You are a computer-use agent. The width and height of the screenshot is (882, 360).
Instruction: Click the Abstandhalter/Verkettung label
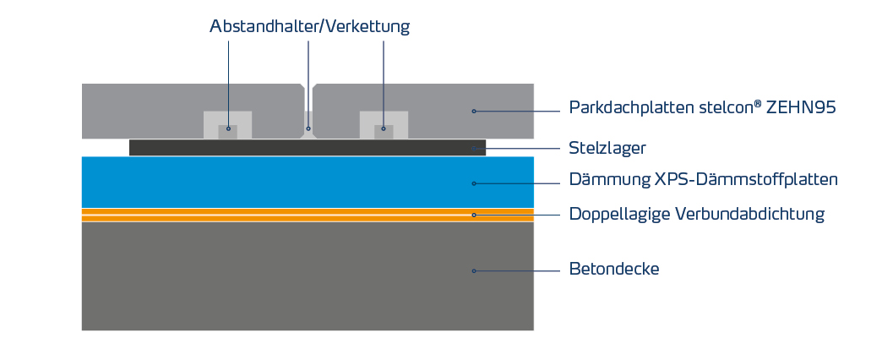[x=309, y=26]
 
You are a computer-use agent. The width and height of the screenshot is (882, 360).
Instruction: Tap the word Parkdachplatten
[x=629, y=106]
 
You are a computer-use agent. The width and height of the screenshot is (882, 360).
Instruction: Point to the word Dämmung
[x=610, y=179]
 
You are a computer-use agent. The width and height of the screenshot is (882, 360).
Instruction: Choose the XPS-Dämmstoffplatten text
[x=747, y=179]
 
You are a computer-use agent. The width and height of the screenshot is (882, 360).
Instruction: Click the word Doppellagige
[x=619, y=214]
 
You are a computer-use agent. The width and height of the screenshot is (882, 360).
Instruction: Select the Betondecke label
[x=614, y=269]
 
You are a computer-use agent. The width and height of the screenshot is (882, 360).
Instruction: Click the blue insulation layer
[x=308, y=183]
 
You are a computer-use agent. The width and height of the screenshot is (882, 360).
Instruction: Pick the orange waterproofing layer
[x=308, y=215]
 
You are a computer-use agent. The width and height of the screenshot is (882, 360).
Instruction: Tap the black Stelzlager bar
[x=308, y=147]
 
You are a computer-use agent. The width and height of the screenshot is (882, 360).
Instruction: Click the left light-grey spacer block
[x=228, y=125]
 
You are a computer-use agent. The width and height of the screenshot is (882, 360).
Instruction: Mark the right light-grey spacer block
[x=384, y=125]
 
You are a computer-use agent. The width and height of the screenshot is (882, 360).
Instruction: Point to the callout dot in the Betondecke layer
[x=474, y=271]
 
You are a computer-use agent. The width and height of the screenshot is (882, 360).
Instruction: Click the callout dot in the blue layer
[x=474, y=183]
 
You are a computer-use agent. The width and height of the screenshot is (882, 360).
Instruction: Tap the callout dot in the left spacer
[x=228, y=128]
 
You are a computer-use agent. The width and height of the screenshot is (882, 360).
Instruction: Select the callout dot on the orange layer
[x=474, y=215]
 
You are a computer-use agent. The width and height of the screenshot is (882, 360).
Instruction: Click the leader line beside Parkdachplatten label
[x=518, y=112]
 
